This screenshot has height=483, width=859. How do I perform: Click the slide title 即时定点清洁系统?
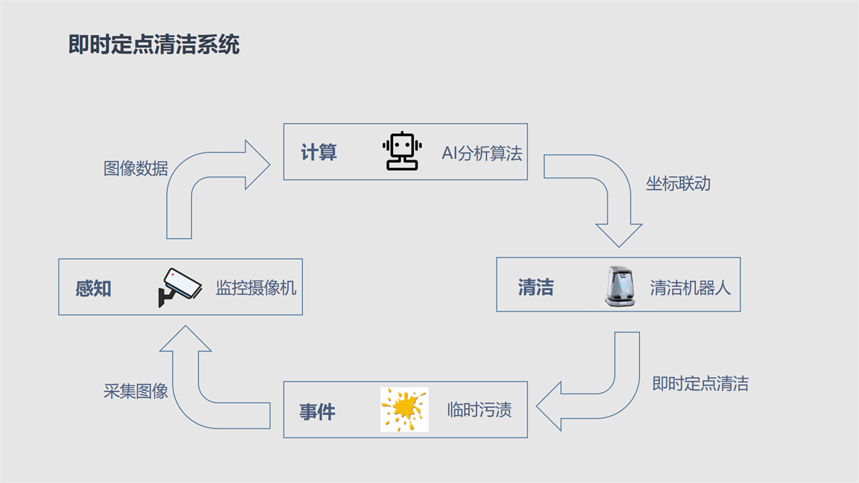154,44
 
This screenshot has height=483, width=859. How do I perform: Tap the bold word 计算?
319,152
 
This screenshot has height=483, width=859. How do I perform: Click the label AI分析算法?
482,152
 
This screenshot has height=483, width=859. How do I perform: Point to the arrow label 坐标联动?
678,183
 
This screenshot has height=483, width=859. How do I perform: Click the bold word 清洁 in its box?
535,288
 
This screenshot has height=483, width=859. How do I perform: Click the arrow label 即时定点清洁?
700,384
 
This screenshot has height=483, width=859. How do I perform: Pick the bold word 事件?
317,412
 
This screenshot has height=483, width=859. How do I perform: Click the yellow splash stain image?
404,409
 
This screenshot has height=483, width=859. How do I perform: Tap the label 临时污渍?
480,410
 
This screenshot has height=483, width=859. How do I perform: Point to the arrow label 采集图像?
136,391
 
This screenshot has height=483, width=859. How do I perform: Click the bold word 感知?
94,288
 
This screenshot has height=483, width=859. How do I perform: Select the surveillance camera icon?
178,287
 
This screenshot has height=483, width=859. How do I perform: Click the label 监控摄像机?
256,288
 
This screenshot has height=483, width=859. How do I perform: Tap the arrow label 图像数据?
136,168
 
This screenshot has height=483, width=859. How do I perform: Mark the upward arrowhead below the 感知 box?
185,339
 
